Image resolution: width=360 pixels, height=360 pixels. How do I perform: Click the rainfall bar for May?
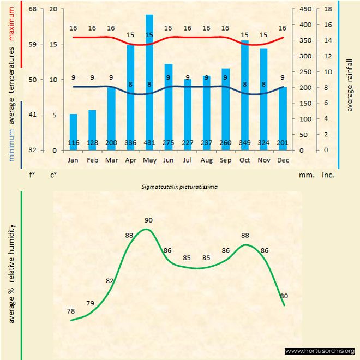pyautogui.click(x=149, y=82)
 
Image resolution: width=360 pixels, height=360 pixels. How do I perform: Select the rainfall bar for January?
pyautogui.click(x=73, y=131)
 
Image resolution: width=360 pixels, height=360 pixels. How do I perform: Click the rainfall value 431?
pyautogui.click(x=149, y=143)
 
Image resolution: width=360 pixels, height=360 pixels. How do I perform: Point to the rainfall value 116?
pyautogui.click(x=73, y=143)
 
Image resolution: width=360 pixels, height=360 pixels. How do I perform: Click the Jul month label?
pyautogui.click(x=187, y=160)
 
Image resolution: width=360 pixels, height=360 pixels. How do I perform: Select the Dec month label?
pyautogui.click(x=282, y=160)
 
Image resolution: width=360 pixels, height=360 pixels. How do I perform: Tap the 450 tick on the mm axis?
pyautogui.click(x=305, y=9)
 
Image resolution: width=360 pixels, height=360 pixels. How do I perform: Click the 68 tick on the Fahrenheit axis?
pyautogui.click(x=33, y=9)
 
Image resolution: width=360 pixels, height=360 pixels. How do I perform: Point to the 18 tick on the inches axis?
pyautogui.click(x=328, y=9)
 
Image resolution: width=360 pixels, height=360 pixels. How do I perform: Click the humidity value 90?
pyautogui.click(x=149, y=220)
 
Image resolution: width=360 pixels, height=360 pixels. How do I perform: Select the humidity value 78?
pyautogui.click(x=71, y=311)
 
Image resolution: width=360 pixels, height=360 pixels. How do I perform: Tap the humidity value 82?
pyautogui.click(x=110, y=280)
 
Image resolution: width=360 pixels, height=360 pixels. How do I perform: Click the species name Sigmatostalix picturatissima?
pyautogui.click(x=179, y=187)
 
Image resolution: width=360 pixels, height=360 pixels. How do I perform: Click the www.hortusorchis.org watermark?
pyautogui.click(x=320, y=351)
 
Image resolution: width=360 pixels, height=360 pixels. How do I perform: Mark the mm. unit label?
pyautogui.click(x=305, y=176)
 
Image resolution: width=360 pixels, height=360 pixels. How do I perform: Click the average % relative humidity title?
pyautogui.click(x=12, y=273)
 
